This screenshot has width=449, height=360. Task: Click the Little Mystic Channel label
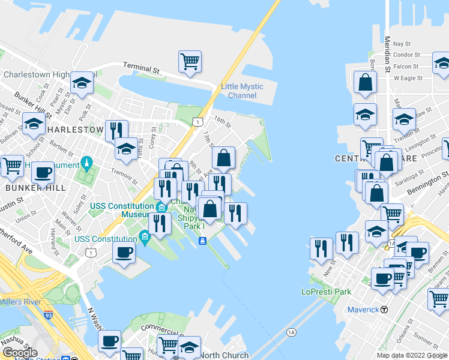click(x=242, y=91)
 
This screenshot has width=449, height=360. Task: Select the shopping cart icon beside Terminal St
click(x=190, y=61)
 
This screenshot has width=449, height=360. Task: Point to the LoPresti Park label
click(x=327, y=292)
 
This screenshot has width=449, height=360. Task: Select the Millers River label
click(x=21, y=301)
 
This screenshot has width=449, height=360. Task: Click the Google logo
click(x=20, y=352)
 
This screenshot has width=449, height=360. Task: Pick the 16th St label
click(x=221, y=122)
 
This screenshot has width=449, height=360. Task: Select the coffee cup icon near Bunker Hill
click(x=43, y=173)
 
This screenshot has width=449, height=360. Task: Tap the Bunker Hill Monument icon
click(x=87, y=162)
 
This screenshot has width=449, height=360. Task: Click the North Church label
click(x=224, y=355)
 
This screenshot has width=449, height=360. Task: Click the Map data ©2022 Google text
click(x=411, y=355)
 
